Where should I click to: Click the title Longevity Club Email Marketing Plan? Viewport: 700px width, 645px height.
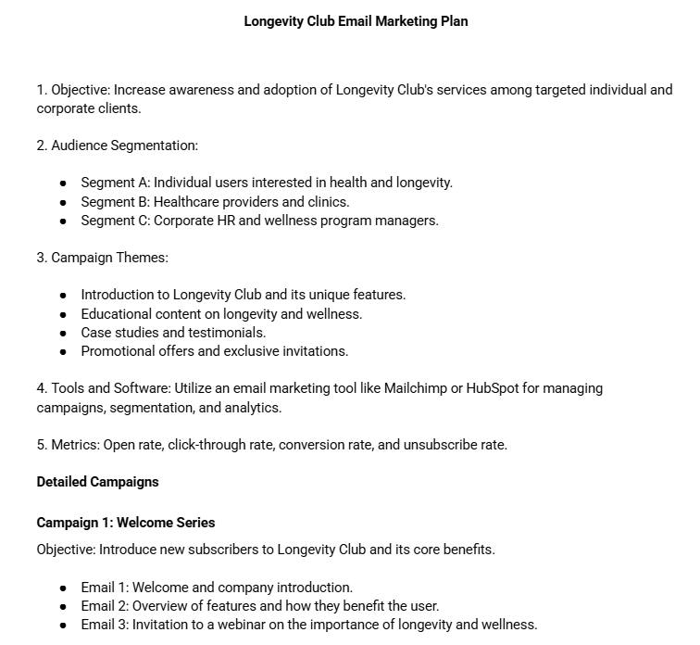356,20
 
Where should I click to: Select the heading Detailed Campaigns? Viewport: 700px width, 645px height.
97,482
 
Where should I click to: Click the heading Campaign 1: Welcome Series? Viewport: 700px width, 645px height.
126,523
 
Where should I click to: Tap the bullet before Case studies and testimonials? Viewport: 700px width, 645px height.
63,333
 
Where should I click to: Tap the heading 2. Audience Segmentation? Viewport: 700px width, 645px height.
118,145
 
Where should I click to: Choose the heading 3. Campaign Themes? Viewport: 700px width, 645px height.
102,258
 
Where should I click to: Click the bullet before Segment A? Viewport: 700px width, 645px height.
63,183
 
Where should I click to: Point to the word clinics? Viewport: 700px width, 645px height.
325,201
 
